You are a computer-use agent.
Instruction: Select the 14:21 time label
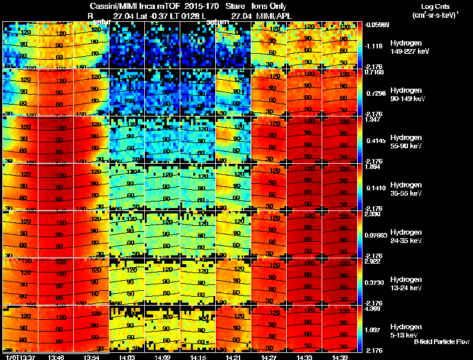tap(233, 357)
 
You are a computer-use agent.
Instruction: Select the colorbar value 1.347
tap(375, 119)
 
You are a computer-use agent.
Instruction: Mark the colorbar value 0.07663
tap(377, 236)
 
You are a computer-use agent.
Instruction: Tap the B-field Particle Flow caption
tap(441, 342)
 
